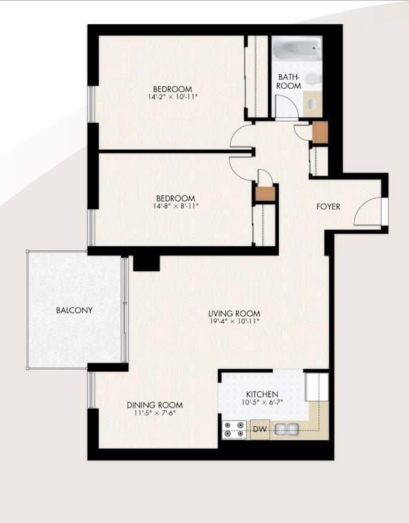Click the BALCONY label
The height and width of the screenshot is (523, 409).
coord(74,310)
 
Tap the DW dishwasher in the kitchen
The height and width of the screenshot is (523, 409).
coord(260,430)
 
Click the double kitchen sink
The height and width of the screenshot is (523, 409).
coord(286,430)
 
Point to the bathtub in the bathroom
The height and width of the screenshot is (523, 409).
coord(296,49)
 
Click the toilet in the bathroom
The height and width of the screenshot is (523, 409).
coord(313,78)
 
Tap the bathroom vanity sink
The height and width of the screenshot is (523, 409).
coord(311,103)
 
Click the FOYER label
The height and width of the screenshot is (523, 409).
coord(328,207)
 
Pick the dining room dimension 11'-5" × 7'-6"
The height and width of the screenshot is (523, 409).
coord(155,413)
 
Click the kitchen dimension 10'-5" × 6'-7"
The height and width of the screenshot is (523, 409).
coord(262,402)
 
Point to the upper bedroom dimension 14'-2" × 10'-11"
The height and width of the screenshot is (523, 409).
coord(173,97)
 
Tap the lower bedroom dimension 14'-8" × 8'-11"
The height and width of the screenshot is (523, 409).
coord(176,206)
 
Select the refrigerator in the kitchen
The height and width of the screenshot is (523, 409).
coord(316,387)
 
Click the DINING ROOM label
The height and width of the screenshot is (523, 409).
coord(155,405)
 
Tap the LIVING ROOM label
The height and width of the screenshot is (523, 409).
coord(234,314)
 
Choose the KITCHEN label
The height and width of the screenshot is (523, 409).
coord(262,394)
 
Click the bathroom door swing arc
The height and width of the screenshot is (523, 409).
coord(287,107)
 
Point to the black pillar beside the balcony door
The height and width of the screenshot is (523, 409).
coord(146,263)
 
